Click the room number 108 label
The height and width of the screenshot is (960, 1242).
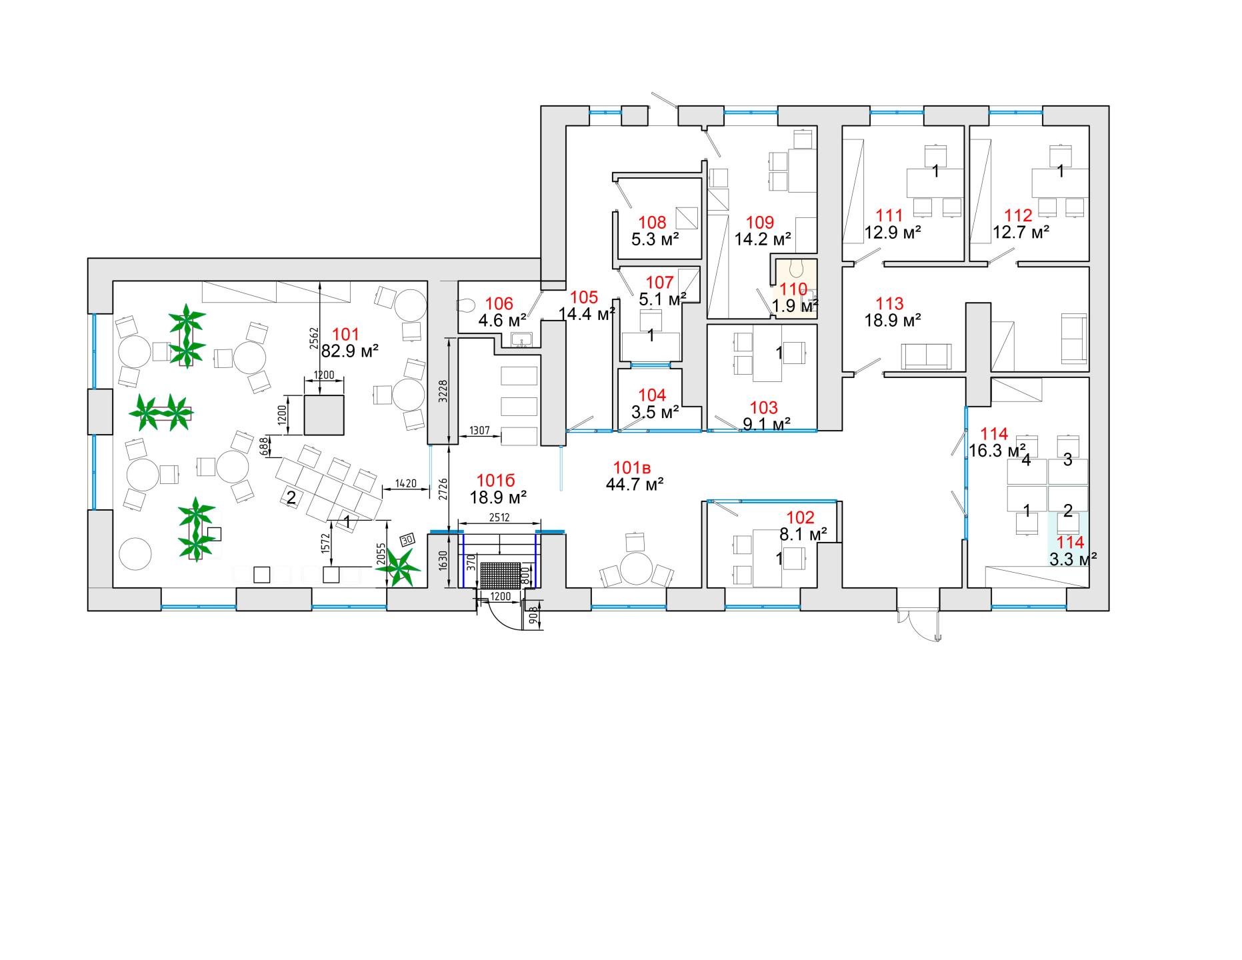tap(653, 222)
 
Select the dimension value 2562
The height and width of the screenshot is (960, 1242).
tap(315, 339)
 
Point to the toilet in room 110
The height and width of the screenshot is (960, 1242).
tap(795, 269)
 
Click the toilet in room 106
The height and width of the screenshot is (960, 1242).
tap(467, 305)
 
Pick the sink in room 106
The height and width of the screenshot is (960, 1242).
tap(521, 341)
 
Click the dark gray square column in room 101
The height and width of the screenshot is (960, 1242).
tap(325, 415)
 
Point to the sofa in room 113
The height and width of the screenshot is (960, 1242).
tap(926, 356)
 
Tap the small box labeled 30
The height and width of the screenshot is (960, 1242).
tap(407, 539)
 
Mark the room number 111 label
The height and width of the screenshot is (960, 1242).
tap(889, 215)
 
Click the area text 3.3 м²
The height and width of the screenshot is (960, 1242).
tap(1073, 559)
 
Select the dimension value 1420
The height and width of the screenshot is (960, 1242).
tap(405, 483)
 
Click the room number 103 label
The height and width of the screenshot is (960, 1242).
tap(763, 407)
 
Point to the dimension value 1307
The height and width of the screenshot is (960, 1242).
tap(480, 430)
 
